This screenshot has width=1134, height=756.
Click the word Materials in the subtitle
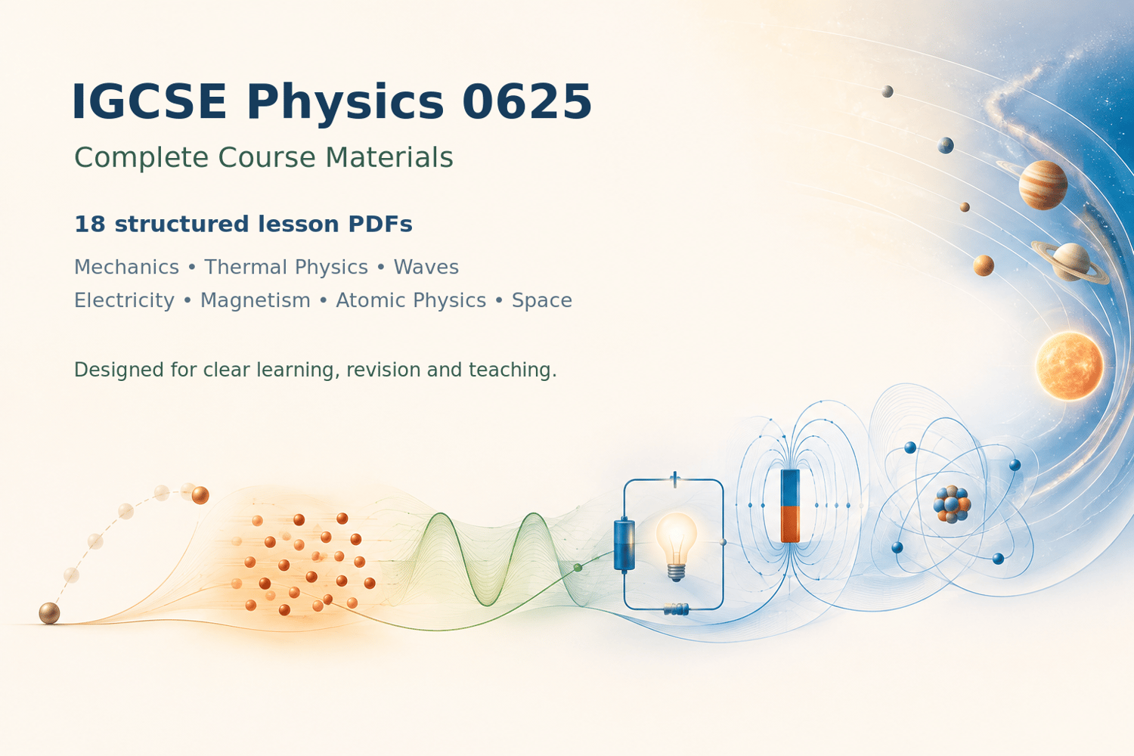pos(389,157)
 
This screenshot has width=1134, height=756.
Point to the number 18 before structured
pos(90,224)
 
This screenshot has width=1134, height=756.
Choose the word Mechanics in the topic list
pos(126,267)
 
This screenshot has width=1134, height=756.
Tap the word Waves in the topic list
pos(426,267)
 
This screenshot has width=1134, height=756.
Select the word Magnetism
pos(256,300)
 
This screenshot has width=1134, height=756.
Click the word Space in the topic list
pos(542,301)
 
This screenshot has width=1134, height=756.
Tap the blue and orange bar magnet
pos(790,505)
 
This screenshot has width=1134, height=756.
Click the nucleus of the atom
pos(952,503)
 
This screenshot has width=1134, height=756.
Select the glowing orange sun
pos(1069,366)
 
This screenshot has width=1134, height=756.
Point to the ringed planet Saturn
pos(1070,262)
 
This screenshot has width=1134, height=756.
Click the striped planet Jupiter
pos(1043,184)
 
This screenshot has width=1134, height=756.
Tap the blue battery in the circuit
pos(624,545)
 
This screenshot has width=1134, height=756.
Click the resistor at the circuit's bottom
pos(677,609)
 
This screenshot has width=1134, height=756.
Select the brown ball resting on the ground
pos(50,613)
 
